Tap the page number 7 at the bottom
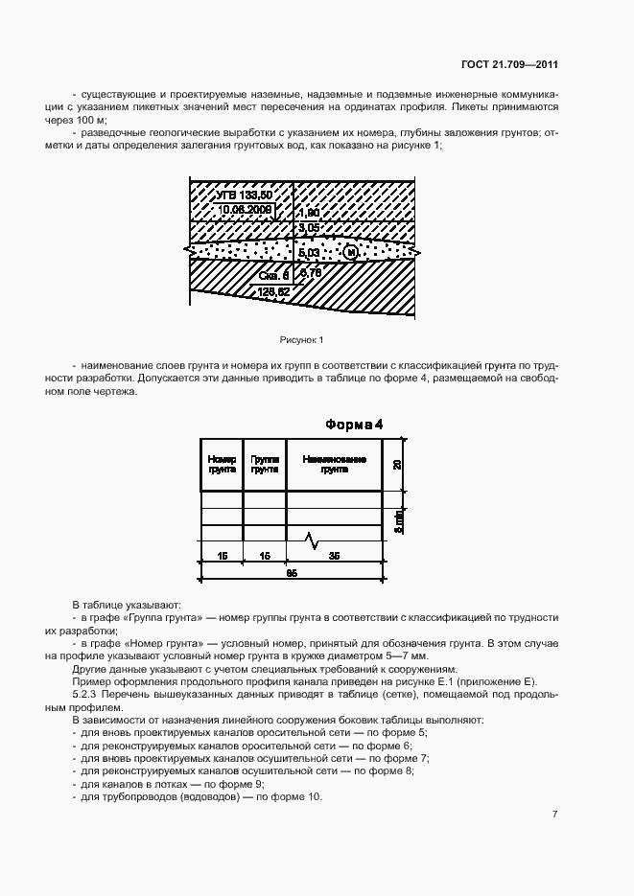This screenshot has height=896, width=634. (555, 814)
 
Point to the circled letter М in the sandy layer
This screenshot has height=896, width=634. (350, 251)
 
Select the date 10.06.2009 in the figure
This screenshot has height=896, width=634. (245, 209)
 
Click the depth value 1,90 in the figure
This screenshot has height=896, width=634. (308, 212)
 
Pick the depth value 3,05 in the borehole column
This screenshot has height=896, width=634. (308, 228)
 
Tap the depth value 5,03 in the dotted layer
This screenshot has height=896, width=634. (309, 251)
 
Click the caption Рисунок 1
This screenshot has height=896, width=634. (301, 340)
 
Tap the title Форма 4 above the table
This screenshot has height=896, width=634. (354, 425)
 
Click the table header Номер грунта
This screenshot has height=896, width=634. (222, 465)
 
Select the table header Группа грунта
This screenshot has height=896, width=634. (265, 465)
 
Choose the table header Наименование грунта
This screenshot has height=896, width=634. (334, 465)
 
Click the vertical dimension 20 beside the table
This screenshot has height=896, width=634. (397, 465)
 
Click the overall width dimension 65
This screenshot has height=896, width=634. (293, 573)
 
